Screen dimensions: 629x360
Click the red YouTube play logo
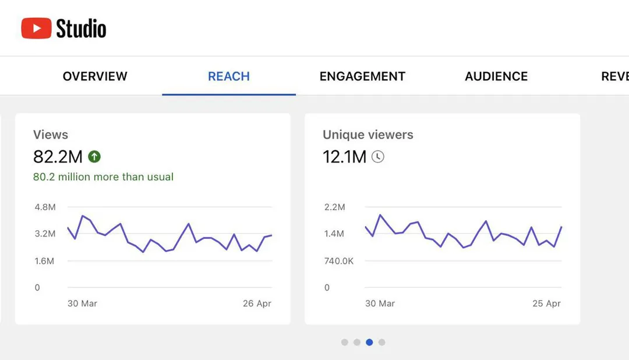[x=36, y=28]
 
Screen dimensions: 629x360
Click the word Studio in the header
[x=81, y=29]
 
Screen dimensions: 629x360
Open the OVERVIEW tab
[x=95, y=76]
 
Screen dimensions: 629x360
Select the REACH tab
[x=229, y=76]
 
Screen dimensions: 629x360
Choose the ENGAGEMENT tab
[x=362, y=76]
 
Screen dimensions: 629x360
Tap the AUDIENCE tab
[x=496, y=76]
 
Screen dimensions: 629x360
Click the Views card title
[x=51, y=135]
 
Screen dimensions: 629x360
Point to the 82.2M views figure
[x=58, y=157]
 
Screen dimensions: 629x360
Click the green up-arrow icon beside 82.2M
[x=94, y=157]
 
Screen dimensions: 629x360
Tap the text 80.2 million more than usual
[x=103, y=177]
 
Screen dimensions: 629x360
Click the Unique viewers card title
[x=368, y=135]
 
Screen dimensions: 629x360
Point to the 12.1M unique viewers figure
[x=345, y=157]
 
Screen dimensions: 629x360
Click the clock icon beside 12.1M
[x=377, y=157]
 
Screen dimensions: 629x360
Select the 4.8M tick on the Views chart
[x=45, y=207]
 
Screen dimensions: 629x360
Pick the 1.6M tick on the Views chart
[x=44, y=261]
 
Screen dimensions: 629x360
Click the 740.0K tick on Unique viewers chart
[x=339, y=261]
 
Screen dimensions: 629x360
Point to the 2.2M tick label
[x=334, y=207]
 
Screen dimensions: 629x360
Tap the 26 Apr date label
[x=257, y=303]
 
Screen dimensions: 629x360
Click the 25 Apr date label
[x=546, y=303]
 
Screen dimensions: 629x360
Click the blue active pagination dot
[x=369, y=343]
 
